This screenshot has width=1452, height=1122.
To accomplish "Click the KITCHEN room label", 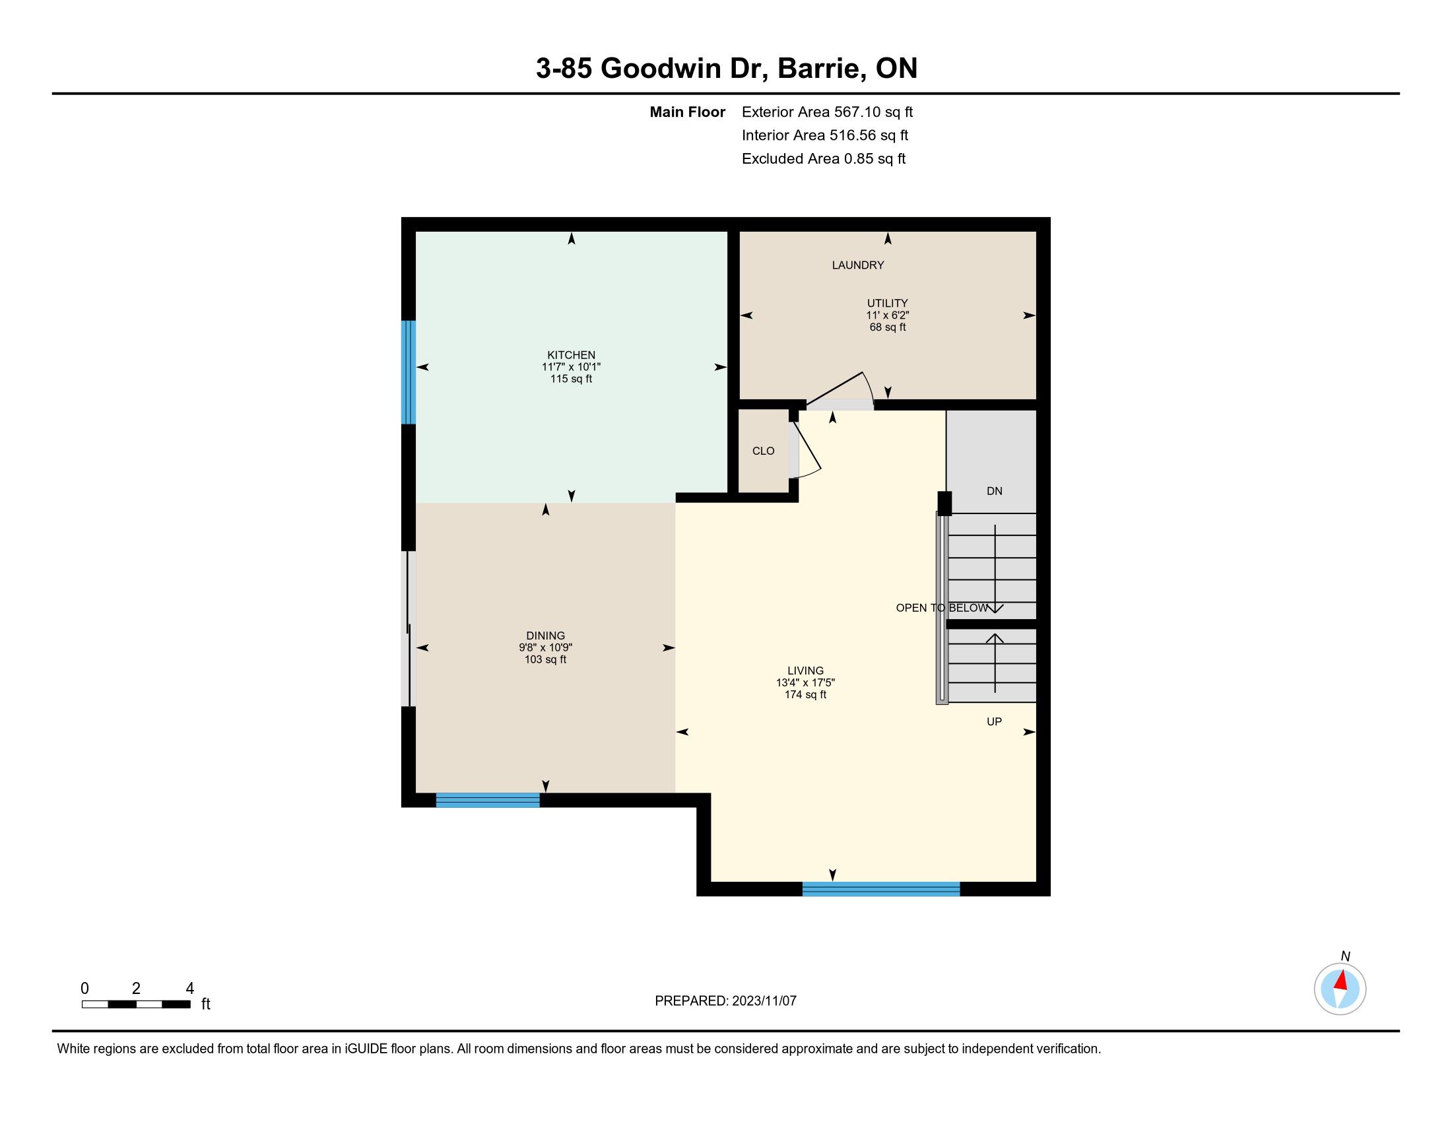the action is tap(571, 355).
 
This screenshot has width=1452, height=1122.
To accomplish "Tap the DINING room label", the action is tap(545, 636).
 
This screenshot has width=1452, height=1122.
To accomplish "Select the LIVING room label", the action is tap(805, 671).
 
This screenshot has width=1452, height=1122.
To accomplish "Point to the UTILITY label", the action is tap(887, 303).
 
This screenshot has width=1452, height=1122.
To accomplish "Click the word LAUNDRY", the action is tap(857, 265).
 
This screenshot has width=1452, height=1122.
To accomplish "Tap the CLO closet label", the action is tap(763, 451).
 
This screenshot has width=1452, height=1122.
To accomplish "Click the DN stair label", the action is tap(994, 491).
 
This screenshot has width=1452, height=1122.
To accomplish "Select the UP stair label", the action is tap(994, 721).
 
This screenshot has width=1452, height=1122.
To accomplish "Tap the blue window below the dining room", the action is tap(487, 800).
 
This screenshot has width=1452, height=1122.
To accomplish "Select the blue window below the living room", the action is tap(881, 889).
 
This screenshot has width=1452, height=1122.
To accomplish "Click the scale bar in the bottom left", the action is tap(137, 1004).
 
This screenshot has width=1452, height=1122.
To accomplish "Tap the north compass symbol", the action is tap(1340, 989).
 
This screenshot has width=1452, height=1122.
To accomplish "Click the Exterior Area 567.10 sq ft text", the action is tap(827, 112).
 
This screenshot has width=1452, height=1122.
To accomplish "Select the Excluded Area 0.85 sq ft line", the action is tap(824, 159).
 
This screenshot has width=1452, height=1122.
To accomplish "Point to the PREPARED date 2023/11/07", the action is tap(764, 1001).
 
